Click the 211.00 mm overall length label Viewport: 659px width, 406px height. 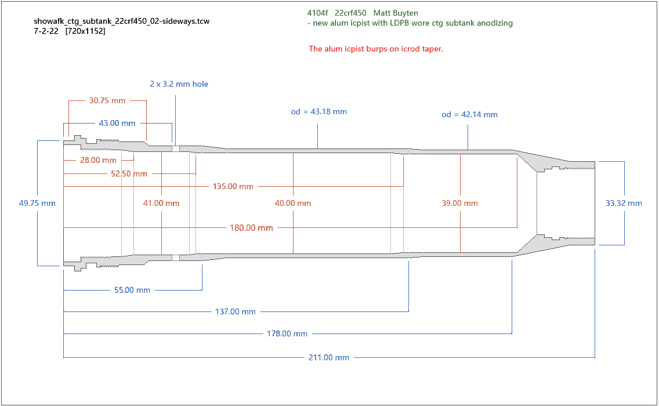[x=328, y=358]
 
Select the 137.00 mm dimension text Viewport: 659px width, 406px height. [x=235, y=311]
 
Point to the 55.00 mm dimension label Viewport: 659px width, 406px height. [x=132, y=290]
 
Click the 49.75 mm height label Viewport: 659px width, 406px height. [x=37, y=203]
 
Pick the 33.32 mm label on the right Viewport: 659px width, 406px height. [x=624, y=203]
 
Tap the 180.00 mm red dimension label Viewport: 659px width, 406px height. [x=251, y=228]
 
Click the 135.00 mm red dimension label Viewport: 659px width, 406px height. [x=233, y=186]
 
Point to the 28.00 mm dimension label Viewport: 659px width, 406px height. [x=98, y=160]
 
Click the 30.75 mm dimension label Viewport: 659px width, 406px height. [x=107, y=100]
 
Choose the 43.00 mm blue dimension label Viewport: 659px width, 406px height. [x=117, y=123]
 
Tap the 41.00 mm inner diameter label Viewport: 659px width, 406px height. [x=161, y=203]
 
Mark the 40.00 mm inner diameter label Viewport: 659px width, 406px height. [x=293, y=203]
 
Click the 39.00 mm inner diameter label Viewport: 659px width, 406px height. [x=460, y=203]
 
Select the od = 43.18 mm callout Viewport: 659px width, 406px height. [x=318, y=111]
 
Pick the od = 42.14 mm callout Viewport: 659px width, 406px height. [x=469, y=114]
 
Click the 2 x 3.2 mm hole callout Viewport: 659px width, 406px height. [x=179, y=84]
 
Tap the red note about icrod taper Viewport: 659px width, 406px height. [x=376, y=49]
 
